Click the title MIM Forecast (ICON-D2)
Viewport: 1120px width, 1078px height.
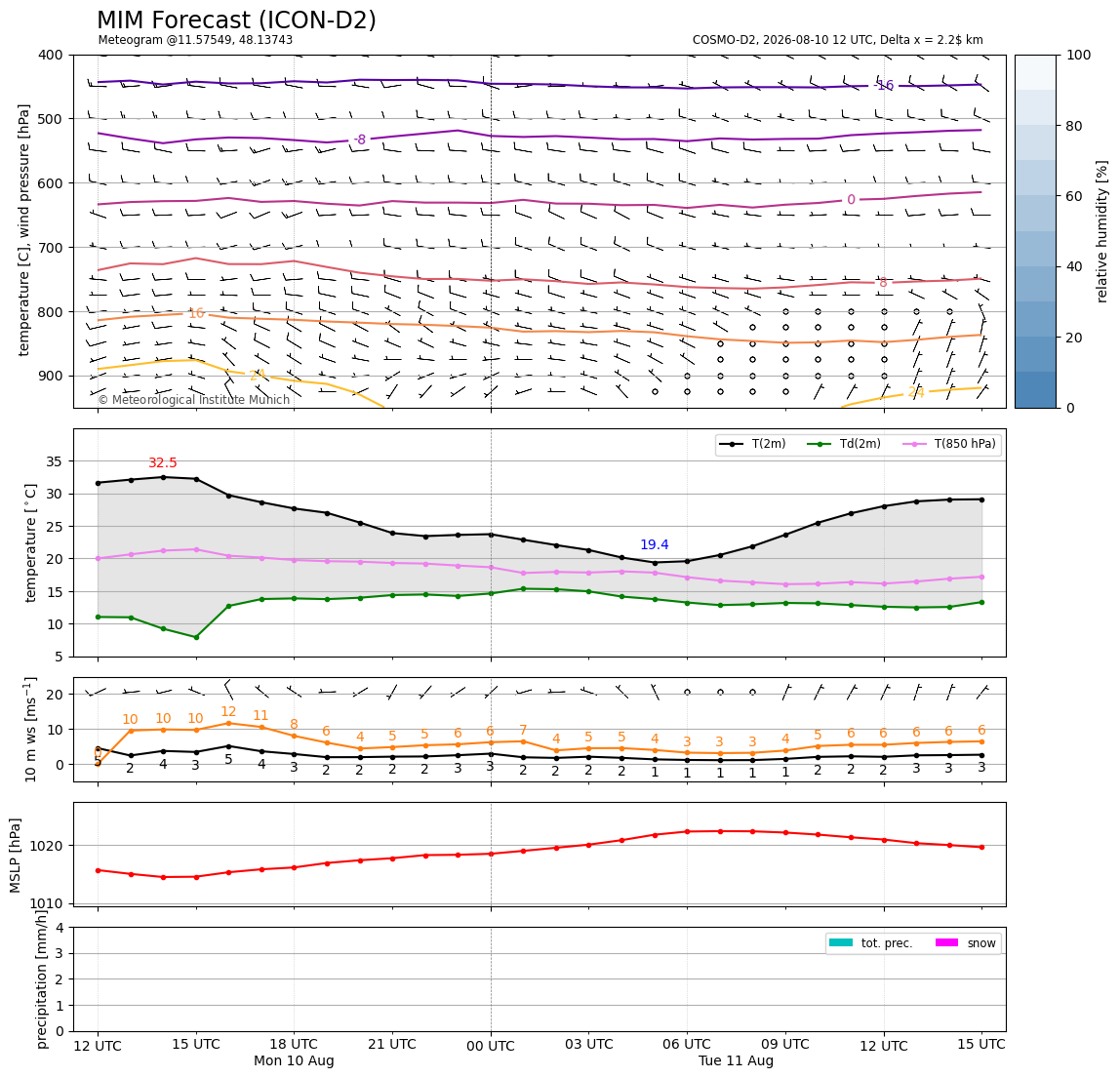pyautogui.click(x=236, y=20)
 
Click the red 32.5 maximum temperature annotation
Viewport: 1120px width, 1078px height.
pyautogui.click(x=163, y=463)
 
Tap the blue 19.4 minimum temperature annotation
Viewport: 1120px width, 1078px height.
pyautogui.click(x=655, y=545)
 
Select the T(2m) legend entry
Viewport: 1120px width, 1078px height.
pyautogui.click(x=752, y=444)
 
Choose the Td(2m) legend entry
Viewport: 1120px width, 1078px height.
pyautogui.click(x=844, y=444)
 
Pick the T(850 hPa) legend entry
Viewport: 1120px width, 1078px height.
pyautogui.click(x=949, y=444)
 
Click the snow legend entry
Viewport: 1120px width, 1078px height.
pyautogui.click(x=966, y=943)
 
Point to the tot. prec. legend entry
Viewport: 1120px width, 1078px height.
pyautogui.click(x=870, y=943)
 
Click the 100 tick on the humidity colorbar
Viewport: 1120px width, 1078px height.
pyautogui.click(x=1079, y=55)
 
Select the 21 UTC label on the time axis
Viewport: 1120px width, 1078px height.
pyautogui.click(x=392, y=1044)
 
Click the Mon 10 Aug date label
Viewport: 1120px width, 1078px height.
pyautogui.click(x=294, y=1060)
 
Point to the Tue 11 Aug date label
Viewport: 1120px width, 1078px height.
pyautogui.click(x=736, y=1060)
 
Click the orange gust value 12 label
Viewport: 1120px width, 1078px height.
pyautogui.click(x=228, y=711)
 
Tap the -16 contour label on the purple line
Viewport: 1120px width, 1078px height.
pyautogui.click(x=884, y=86)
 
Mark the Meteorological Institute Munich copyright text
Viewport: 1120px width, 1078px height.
pyautogui.click(x=194, y=400)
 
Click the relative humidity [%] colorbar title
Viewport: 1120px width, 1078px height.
pyautogui.click(x=1102, y=231)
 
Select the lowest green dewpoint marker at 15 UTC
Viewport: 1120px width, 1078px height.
pyautogui.click(x=196, y=637)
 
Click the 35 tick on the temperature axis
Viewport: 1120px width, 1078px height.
pyautogui.click(x=55, y=461)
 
